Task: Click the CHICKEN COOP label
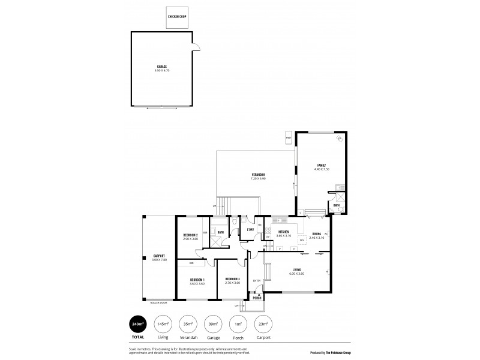tap(177, 18)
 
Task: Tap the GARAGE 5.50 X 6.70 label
tap(162, 68)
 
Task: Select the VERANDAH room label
tap(259, 176)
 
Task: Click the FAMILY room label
tap(321, 167)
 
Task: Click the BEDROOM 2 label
tap(191, 237)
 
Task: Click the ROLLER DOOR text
tap(160, 302)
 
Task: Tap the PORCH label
tap(257, 298)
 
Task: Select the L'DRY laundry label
tap(251, 230)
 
